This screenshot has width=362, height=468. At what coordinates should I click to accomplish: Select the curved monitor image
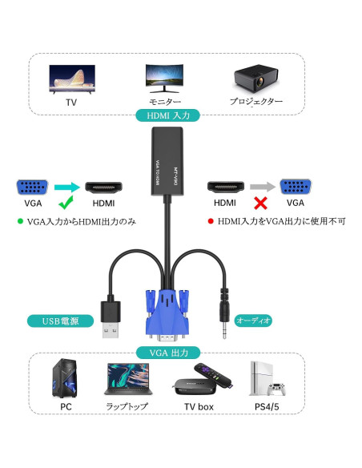tap(167, 77)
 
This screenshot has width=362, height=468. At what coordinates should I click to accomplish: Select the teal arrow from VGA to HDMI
tap(67, 187)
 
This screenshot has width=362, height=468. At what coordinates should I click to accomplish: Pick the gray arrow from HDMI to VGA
tap(260, 187)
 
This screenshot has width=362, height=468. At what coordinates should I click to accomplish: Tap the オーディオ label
tap(254, 321)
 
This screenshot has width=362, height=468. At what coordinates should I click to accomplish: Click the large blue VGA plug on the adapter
tap(167, 313)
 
